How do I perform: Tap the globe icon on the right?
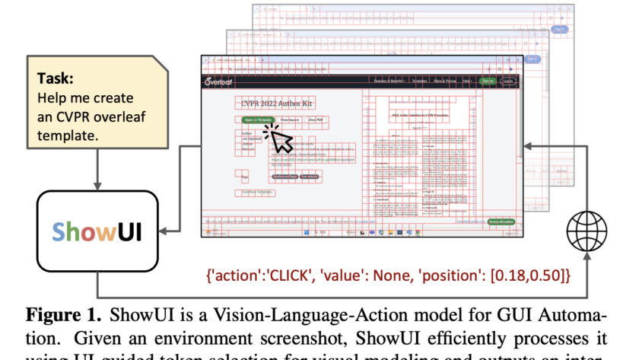(587, 229)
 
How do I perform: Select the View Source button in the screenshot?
(290, 120)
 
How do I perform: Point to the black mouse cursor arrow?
(280, 139)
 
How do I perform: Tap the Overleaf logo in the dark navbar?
(222, 81)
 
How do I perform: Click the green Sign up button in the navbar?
(488, 80)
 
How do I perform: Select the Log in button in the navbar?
(508, 80)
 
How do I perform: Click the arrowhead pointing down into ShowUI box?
(97, 186)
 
